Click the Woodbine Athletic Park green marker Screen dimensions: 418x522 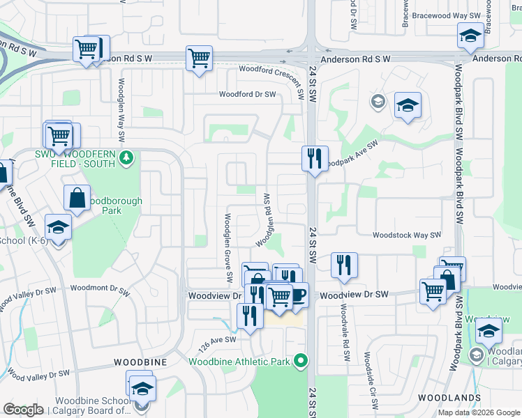pos(301,361)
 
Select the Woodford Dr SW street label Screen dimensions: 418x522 pos(247,94)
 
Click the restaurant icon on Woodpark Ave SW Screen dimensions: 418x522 pos(315,158)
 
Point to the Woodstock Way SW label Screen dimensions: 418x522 pos(407,236)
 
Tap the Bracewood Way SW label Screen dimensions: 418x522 pos(447,15)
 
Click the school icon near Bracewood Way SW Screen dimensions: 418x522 pos(470,35)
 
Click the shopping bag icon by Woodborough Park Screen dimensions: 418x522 pos(77,198)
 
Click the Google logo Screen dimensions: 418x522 pos(23,410)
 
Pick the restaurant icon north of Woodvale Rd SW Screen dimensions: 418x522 pos(344,265)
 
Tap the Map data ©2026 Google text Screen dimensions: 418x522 pos(478,412)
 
